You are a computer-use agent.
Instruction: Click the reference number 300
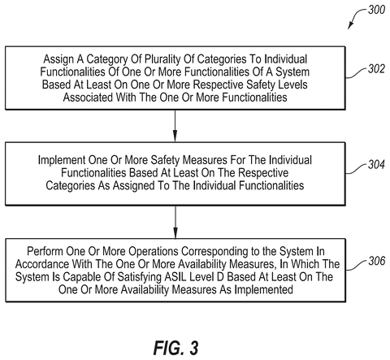tap(376, 10)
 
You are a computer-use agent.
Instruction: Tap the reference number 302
tap(376, 69)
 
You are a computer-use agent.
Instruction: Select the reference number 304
tap(376, 165)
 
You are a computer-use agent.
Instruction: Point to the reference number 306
tap(377, 261)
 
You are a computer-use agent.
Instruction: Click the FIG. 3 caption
tap(175, 348)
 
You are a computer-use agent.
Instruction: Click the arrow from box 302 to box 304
tap(175, 126)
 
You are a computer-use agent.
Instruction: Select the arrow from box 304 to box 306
tap(175, 222)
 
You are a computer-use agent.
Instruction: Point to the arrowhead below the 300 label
tap(350, 26)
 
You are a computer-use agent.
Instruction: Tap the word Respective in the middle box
tap(263, 173)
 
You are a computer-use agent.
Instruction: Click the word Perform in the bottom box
tap(45, 251)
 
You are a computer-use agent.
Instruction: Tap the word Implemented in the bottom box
tap(263, 290)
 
